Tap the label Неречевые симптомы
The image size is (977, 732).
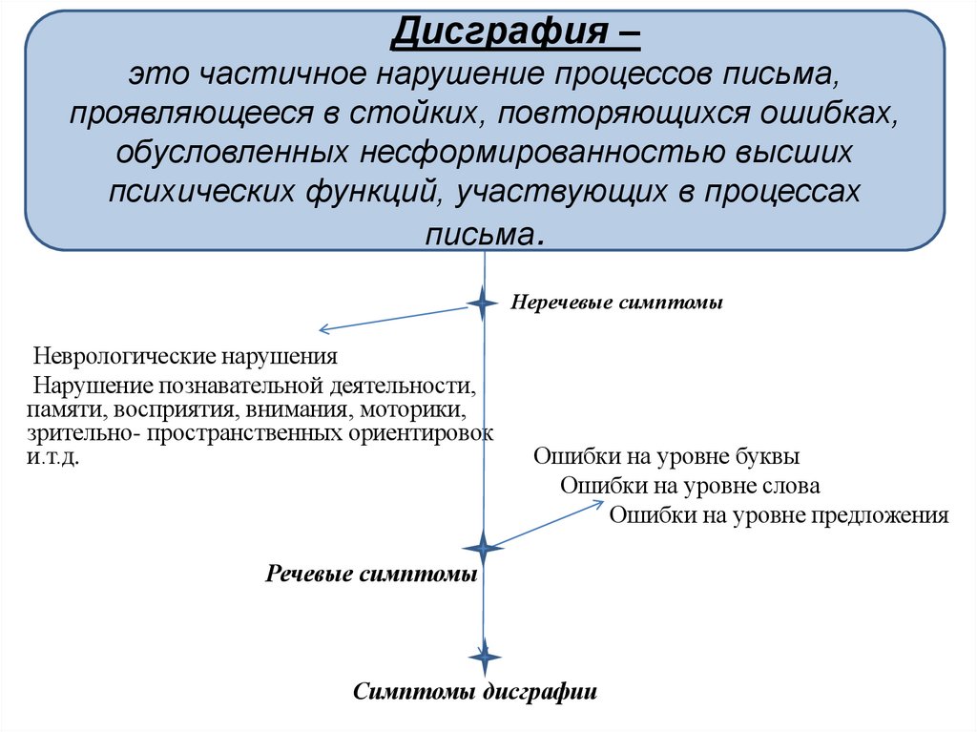click(616, 303)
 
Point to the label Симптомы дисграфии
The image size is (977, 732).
click(475, 692)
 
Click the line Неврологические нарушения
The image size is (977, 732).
click(186, 358)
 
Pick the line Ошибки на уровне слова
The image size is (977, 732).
click(690, 486)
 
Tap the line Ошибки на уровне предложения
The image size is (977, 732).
click(779, 516)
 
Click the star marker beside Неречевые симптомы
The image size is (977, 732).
click(483, 303)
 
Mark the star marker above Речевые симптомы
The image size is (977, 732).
click(483, 549)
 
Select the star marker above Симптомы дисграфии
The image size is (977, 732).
click(484, 657)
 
